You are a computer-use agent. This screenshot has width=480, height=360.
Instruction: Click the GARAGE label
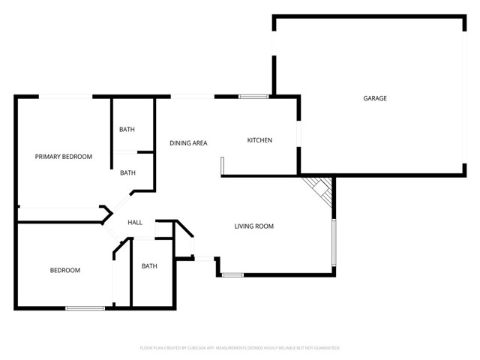375,98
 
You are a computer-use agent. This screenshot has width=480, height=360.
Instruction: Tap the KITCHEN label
259,141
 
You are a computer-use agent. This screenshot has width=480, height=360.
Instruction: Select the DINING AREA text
188,143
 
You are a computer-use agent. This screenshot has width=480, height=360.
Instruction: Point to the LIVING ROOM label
253,226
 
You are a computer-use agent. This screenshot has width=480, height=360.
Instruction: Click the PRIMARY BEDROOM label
64,157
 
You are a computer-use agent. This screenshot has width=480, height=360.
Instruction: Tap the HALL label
135,223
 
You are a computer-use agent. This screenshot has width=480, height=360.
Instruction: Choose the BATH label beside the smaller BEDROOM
149,266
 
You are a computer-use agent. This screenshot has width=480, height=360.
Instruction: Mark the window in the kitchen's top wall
253,96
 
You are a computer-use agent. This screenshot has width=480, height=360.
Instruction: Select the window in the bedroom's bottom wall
85,307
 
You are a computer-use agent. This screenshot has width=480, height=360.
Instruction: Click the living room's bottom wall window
232,275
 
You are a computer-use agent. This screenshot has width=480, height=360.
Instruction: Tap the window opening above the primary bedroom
66,96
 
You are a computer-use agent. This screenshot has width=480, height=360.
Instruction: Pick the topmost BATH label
127,130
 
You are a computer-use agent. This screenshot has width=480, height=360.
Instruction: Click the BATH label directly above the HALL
127,172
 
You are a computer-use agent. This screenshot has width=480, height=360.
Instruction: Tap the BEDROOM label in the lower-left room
65,270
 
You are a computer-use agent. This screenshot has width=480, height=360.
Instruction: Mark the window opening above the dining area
193,96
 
